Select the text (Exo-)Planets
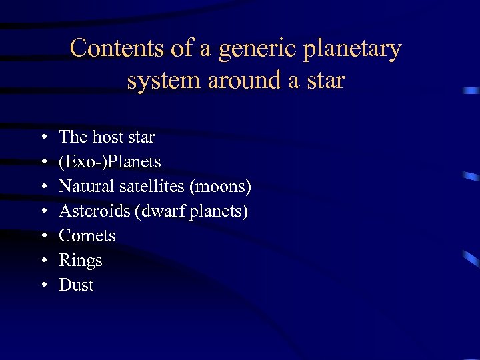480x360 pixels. pos(110,162)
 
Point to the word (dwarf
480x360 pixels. pos(153,211)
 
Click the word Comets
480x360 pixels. pos(87,236)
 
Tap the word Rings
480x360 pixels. pos(81,261)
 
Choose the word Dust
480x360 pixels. pos(76,285)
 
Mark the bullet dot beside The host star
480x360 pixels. pos(43,138)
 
